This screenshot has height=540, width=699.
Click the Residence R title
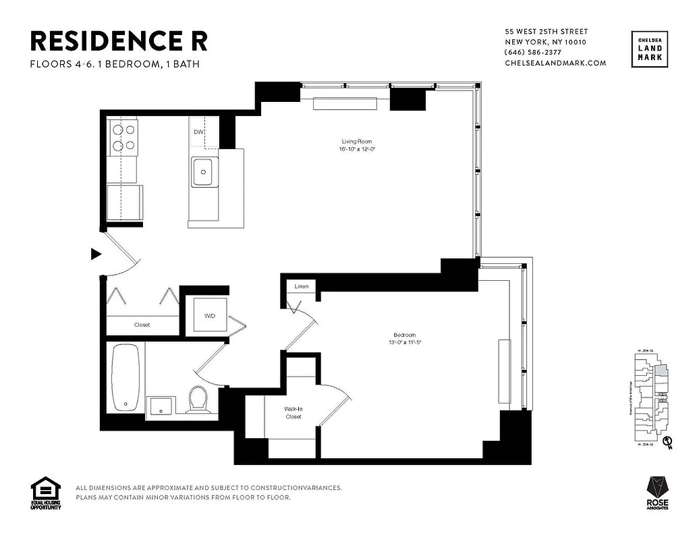(119, 41)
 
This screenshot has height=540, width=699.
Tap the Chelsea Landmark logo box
(650, 49)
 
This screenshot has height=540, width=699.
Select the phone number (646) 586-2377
(536, 53)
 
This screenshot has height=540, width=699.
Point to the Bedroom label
(404, 335)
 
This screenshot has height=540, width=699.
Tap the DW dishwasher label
(198, 132)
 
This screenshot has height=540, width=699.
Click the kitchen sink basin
(202, 171)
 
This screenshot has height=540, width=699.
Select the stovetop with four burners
(122, 136)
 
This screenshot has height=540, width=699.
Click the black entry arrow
(96, 254)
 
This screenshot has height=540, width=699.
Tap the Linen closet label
(302, 287)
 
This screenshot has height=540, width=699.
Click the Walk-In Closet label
(292, 412)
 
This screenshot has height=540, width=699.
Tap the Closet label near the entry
(142, 325)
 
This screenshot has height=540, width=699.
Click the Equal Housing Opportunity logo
(46, 493)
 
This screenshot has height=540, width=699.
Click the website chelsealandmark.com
(555, 63)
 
